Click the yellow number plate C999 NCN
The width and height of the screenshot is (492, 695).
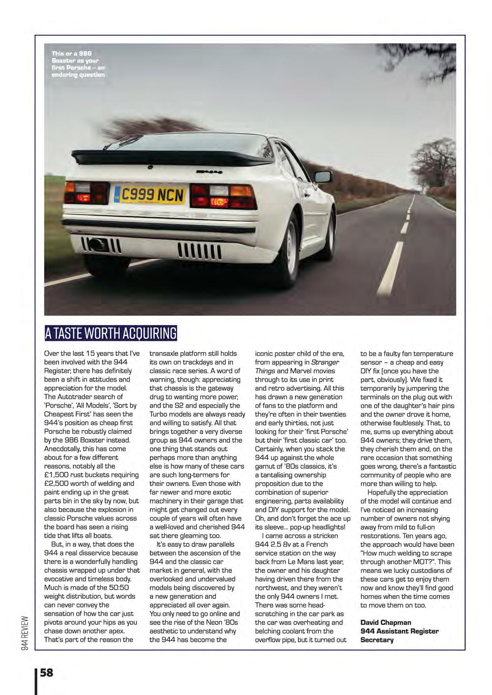coord(150,195)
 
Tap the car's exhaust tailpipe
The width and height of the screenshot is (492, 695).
coord(98,244)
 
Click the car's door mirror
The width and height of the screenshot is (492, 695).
coord(323,177)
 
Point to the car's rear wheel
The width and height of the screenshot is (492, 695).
coord(288,250)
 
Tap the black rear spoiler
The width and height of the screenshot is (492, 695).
coord(167,157)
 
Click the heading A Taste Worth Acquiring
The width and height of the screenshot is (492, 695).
coord(111,333)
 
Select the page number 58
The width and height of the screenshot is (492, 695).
coord(46,672)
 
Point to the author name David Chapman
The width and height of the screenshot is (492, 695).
coord(385,622)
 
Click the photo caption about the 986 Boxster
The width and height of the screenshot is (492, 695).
coord(78,64)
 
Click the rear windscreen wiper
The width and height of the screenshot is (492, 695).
coord(124,141)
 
